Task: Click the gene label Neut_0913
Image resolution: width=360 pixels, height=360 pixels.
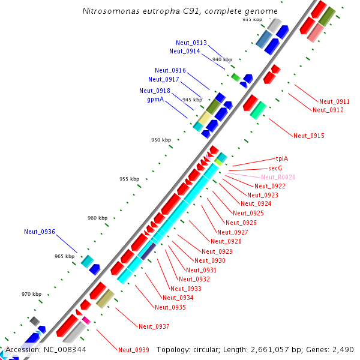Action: pos(191,43)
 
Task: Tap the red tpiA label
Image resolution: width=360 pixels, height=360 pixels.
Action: pos(282,158)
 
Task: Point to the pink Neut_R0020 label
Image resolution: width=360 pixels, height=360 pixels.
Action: pos(278,177)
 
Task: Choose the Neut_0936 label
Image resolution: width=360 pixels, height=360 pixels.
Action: pos(40,232)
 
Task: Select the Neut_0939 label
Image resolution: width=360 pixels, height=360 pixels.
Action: pos(133,350)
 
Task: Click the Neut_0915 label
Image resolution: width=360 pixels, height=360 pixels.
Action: pos(309,136)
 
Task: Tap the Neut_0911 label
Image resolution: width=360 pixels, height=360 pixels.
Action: pos(334,101)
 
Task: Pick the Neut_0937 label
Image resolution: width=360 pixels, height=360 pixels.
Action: pos(154,326)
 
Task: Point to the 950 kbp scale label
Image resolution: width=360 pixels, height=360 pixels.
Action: pos(161,140)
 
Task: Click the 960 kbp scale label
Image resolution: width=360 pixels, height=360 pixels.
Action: pos(98,218)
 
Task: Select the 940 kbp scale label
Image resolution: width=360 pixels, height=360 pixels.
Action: pos(222,59)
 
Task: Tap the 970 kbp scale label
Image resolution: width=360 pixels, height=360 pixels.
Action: pos(32,294)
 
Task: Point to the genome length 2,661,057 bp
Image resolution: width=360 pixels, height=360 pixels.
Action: pos(281,349)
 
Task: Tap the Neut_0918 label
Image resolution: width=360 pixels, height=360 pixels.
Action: pos(155,91)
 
